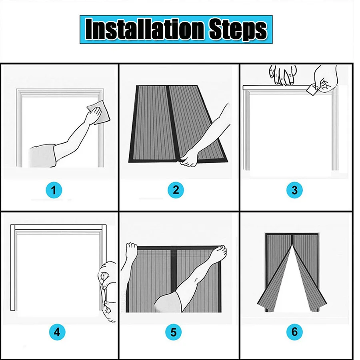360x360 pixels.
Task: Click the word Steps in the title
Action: click(x=238, y=31)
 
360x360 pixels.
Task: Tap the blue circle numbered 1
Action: click(x=54, y=190)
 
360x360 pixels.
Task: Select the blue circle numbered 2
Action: click(x=176, y=190)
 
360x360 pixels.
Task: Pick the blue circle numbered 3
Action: click(x=294, y=190)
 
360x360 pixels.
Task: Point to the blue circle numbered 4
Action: click(x=57, y=332)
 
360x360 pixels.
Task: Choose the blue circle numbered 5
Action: click(x=174, y=332)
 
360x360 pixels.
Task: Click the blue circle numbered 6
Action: click(x=294, y=332)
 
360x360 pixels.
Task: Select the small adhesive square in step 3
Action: click(x=312, y=90)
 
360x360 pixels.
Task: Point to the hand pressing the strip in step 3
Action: click(x=282, y=75)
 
